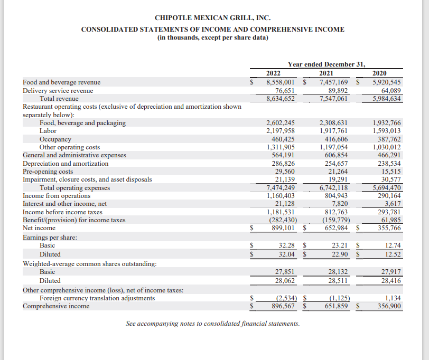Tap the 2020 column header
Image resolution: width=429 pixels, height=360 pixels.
tap(379, 73)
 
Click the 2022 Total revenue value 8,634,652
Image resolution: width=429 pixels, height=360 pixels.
tap(281, 99)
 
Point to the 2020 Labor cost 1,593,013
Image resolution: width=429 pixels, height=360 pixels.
tap(387, 131)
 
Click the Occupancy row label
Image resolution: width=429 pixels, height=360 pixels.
tap(55, 139)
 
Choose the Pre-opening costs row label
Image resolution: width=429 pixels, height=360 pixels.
tap(48, 172)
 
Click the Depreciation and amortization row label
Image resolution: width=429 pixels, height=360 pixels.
tap(66, 164)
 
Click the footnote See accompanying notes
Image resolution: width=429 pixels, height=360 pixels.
tap(212, 323)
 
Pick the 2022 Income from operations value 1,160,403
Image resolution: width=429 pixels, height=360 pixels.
tap(281, 196)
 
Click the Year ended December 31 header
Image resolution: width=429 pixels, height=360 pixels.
tap(326, 64)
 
